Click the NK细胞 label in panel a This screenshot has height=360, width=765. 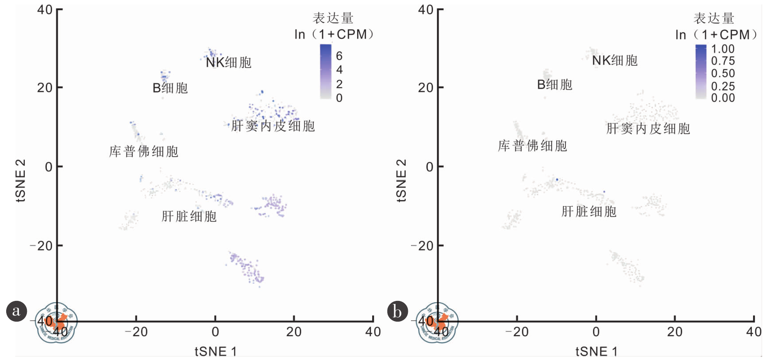[x=229, y=63]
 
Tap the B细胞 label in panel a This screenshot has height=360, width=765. [x=170, y=88]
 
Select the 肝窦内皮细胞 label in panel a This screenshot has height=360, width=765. [x=273, y=126]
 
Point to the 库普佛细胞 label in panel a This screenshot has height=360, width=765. [x=144, y=152]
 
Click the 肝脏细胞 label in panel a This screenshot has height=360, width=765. [x=189, y=216]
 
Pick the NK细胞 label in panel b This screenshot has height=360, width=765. [x=614, y=60]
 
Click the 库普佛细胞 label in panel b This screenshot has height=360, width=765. [x=532, y=146]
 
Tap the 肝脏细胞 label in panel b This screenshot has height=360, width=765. [x=589, y=212]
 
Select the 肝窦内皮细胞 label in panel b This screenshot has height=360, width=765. [x=648, y=129]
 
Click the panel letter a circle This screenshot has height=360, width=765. [x=17, y=311]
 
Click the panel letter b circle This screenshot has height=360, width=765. [x=397, y=311]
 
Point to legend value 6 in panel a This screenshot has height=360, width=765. [x=339, y=56]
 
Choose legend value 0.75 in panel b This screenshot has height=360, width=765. [x=723, y=61]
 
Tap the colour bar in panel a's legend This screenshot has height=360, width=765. [x=326, y=71]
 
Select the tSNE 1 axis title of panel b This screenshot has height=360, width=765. [x=596, y=352]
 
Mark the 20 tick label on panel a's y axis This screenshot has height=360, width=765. [x=45, y=88]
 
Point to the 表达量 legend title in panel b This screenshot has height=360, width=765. [x=714, y=19]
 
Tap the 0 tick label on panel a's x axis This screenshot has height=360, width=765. [x=215, y=332]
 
